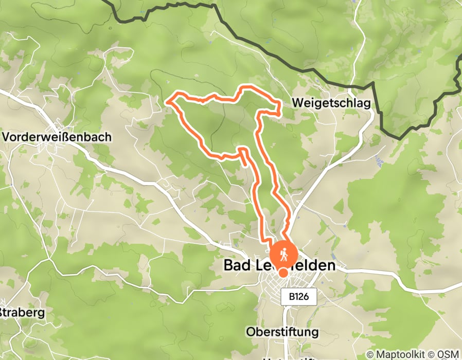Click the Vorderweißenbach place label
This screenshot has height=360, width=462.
[57, 137]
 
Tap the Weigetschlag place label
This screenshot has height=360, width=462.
[331, 103]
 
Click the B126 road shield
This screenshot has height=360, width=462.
[298, 297]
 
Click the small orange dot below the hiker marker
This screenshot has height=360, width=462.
[283, 273]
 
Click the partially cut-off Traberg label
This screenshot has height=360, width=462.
[22, 312]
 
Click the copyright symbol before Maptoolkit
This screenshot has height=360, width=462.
[370, 354]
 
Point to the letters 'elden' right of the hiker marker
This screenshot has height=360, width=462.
[316, 265]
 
